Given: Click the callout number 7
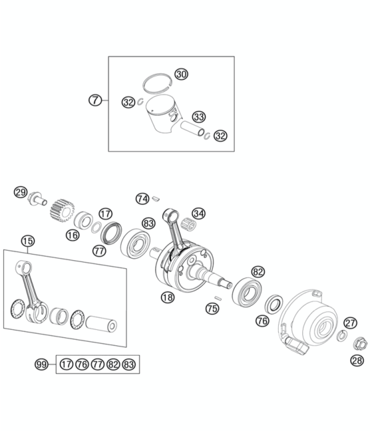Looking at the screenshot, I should [x=94, y=99].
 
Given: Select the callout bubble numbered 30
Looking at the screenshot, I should [x=180, y=74].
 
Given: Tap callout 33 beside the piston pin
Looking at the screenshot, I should [x=199, y=117].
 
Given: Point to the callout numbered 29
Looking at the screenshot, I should [x=21, y=192].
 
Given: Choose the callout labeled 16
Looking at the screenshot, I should [x=72, y=234].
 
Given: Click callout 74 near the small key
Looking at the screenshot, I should [x=142, y=199].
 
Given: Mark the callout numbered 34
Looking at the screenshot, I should [x=198, y=213].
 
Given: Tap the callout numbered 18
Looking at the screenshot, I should [x=167, y=297].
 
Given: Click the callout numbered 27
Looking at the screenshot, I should [x=350, y=322].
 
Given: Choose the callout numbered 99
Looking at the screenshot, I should [x=42, y=364].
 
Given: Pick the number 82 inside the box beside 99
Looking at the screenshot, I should [x=113, y=364].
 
